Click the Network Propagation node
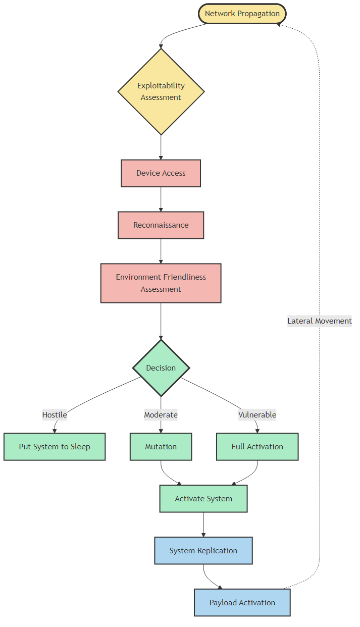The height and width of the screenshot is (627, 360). click(242, 14)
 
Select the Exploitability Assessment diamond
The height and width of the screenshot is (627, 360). click(161, 91)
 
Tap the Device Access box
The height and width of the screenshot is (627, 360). click(161, 173)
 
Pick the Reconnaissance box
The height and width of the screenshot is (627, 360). click(161, 225)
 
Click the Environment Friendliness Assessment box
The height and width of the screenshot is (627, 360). click(161, 283)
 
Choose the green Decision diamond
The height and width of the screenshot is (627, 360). click(161, 368)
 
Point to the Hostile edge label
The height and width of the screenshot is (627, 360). click(55, 415)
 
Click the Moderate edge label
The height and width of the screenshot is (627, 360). click(161, 415)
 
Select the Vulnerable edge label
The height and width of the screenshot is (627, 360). click(258, 415)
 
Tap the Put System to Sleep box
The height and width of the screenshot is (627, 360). click(55, 447)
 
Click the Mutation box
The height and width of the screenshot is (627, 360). click(161, 447)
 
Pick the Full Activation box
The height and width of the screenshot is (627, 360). click(258, 447)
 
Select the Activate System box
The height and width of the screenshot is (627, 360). click(203, 499)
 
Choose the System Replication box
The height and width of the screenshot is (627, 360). click(203, 551)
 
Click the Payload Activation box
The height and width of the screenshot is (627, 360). click(242, 603)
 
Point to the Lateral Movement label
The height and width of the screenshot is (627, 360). click(320, 321)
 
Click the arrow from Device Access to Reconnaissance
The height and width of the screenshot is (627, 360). click(161, 199)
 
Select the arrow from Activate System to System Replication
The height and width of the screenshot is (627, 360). click(203, 525)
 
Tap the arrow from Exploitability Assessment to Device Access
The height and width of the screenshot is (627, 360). click(161, 147)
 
